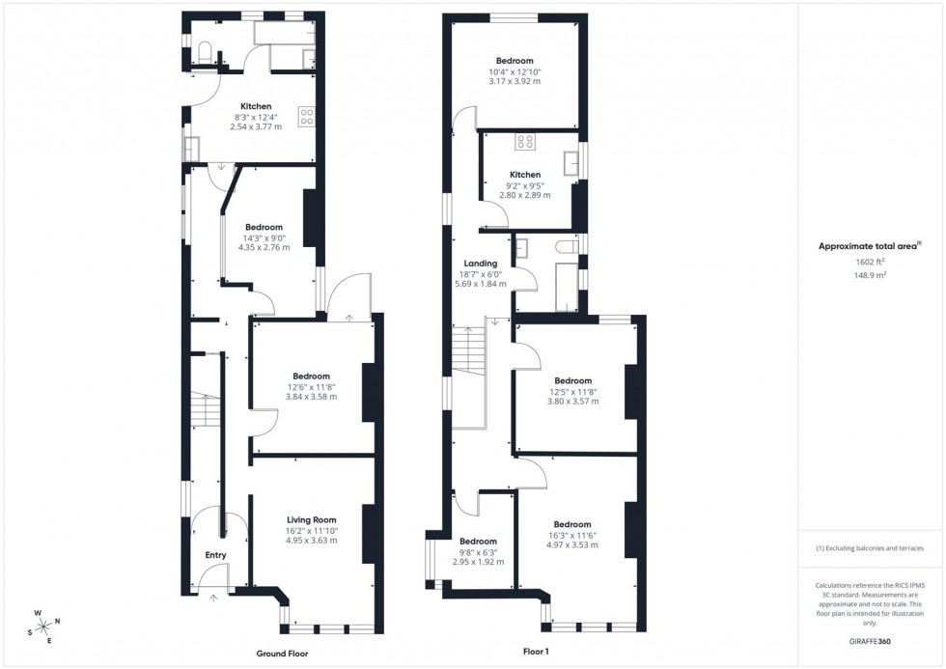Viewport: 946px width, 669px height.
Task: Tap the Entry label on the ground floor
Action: (215, 555)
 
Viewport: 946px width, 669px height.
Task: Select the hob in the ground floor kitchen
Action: (308, 117)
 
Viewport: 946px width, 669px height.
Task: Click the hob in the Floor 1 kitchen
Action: (526, 142)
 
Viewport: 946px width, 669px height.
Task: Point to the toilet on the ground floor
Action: (204, 52)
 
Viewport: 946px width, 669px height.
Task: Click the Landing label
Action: (481, 264)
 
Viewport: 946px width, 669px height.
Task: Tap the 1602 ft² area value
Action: (871, 262)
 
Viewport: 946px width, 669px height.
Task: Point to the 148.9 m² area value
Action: (871, 274)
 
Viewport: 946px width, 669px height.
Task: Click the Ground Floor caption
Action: (283, 654)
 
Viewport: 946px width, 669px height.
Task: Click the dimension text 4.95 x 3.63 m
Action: (311, 541)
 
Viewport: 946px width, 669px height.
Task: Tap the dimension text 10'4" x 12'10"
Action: (515, 71)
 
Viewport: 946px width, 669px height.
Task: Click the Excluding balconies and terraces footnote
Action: (871, 548)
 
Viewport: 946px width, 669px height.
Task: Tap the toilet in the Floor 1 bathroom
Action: (567, 248)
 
